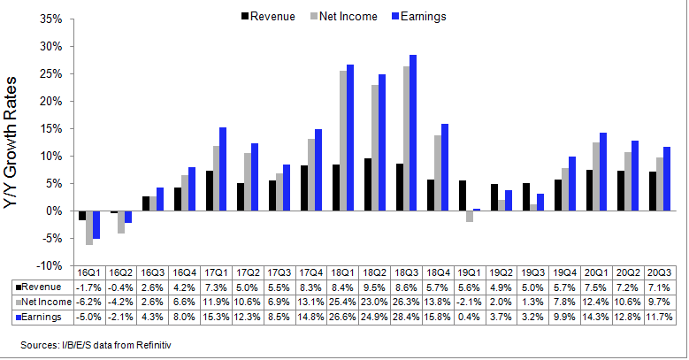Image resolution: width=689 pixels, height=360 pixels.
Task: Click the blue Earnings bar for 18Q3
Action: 413,133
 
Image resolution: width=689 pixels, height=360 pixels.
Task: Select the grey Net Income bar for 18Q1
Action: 343,141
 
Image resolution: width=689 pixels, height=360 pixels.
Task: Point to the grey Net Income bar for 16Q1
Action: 89,227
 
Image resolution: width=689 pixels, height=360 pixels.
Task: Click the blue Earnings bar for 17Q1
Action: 223,169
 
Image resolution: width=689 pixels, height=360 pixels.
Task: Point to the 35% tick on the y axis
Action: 50,19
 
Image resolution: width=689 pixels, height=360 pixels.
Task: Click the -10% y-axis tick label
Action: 48,265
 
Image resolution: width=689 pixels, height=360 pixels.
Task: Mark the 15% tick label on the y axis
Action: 50,128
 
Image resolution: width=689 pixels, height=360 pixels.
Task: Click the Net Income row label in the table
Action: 42,301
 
